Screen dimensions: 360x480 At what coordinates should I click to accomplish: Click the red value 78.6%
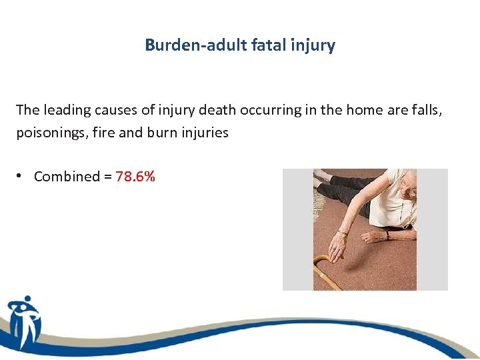pos(135,177)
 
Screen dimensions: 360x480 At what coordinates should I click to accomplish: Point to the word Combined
pos(66,177)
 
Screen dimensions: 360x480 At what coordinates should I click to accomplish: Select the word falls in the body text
pos(425,109)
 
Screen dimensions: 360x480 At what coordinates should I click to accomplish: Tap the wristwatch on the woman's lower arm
pos(387,235)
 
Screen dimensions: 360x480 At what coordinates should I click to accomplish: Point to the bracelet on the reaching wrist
pos(343,233)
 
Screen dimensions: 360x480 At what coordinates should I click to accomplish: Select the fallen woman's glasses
pos(411,193)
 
